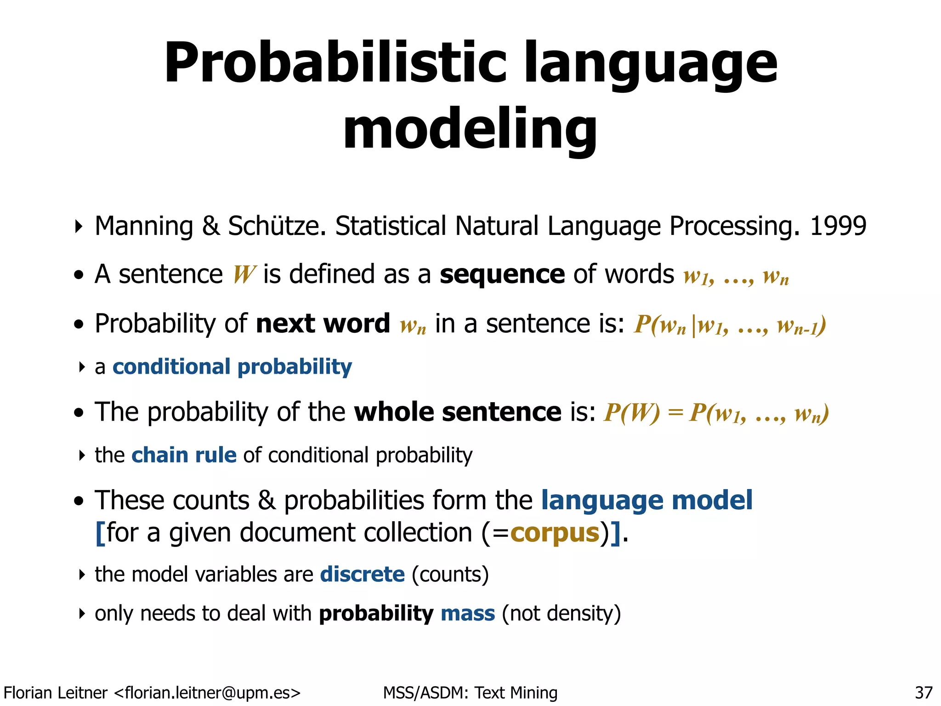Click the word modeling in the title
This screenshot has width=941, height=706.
[470, 129]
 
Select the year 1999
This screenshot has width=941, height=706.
[838, 226]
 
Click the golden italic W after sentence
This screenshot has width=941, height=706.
[244, 275]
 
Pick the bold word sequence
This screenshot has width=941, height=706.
[502, 274]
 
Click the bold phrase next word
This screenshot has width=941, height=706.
[323, 324]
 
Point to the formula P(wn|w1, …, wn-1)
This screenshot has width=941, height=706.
[730, 325]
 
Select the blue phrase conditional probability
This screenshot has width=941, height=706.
[232, 367]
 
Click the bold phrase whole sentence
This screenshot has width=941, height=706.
[458, 412]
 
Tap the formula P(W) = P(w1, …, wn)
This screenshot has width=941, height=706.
[716, 413]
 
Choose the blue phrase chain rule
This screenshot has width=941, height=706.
[184, 455]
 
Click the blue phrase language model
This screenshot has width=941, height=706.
[646, 500]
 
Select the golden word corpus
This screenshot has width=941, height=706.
[555, 533]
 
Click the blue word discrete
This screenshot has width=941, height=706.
[362, 575]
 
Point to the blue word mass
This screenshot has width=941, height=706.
[467, 614]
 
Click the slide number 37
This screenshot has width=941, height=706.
[924, 693]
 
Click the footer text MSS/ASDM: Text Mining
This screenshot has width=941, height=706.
[470, 693]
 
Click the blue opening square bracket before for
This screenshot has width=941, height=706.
[100, 533]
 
